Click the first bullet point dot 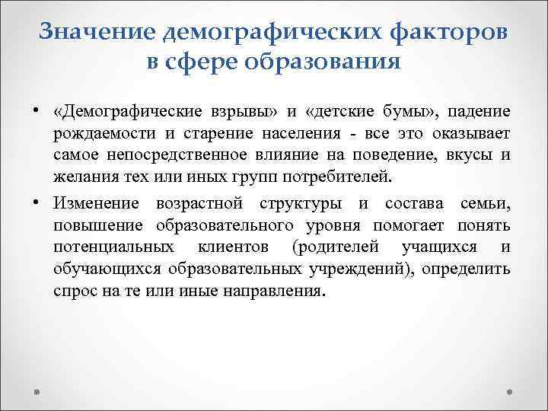tap(36, 113)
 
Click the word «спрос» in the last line tap(74, 291)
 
